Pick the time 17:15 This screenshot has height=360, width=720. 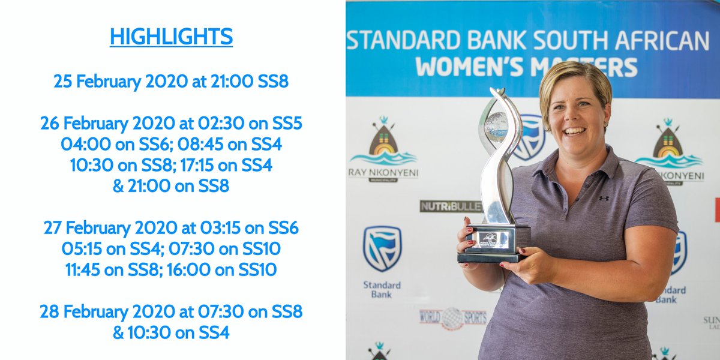pyautogui.click(x=203, y=166)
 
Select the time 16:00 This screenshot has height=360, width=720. pyautogui.click(x=190, y=270)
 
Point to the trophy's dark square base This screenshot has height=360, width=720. pyautogui.click(x=493, y=243)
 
